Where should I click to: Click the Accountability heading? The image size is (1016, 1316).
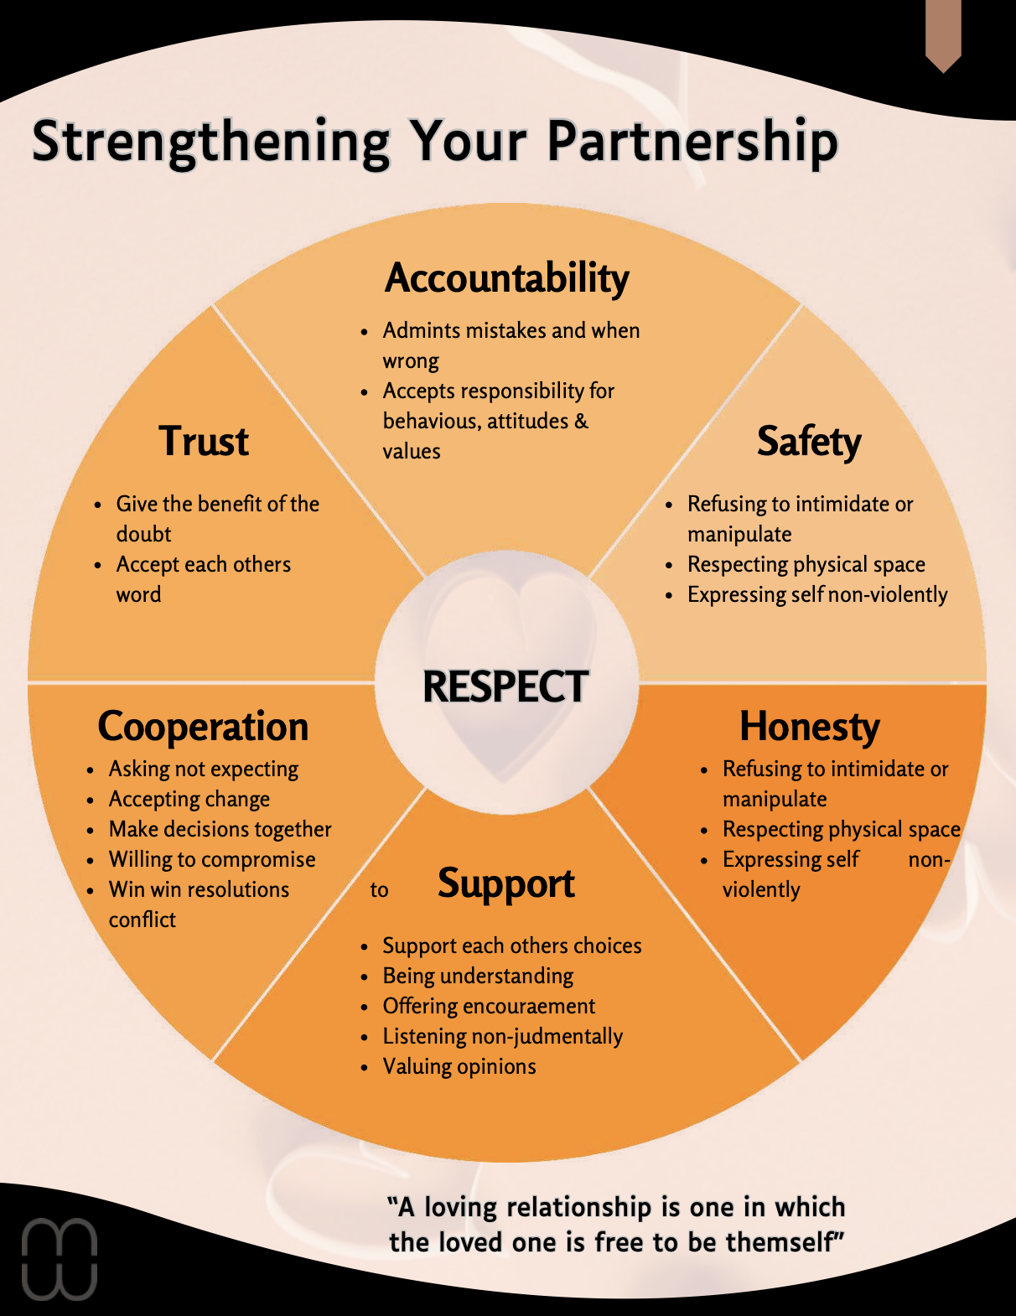tap(506, 278)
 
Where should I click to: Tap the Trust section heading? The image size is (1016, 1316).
tap(204, 441)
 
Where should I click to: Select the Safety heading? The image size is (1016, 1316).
tap(809, 441)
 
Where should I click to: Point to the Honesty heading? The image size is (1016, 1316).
tap(809, 726)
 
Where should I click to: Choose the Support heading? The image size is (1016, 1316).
tap(505, 883)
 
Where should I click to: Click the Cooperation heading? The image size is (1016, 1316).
tap(203, 726)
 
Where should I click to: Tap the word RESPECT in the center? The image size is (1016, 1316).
tap(505, 686)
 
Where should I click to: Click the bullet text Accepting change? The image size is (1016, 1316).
tap(189, 799)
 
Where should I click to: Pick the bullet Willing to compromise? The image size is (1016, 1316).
tap(212, 859)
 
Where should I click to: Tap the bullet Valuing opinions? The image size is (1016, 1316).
tap(459, 1066)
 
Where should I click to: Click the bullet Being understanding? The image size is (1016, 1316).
tap(478, 976)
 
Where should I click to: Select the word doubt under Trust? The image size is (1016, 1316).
tap(143, 534)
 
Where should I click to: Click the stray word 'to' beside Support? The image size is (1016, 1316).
tap(379, 890)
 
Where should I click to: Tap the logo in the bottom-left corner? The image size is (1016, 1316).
tap(59, 1259)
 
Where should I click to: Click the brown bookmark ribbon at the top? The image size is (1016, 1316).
tap(943, 34)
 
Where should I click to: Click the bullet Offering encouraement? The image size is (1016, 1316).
tap(489, 1006)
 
